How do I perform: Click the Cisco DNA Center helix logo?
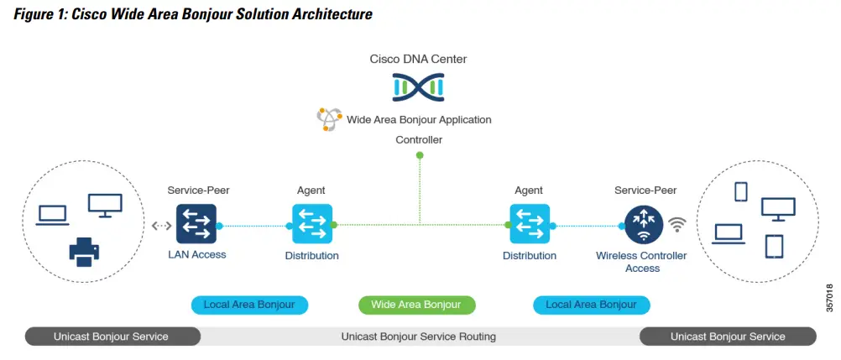(418, 86)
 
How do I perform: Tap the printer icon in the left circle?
(86, 251)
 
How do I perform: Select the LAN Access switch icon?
(196, 224)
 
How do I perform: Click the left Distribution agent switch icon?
(312, 224)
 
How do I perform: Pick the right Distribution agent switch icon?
(530, 224)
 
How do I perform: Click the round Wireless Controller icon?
(644, 224)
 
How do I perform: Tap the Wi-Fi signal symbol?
(677, 225)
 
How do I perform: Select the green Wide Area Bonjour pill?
(416, 305)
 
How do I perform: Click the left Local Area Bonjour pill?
(249, 305)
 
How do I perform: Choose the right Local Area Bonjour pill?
(591, 305)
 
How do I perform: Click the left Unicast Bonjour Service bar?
(112, 337)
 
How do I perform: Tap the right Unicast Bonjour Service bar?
(728, 337)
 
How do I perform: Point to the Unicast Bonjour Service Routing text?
(418, 337)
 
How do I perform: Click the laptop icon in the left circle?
(53, 213)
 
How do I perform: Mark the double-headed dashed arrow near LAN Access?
(161, 226)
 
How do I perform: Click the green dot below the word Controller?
(420, 155)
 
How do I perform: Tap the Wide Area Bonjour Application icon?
(329, 119)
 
